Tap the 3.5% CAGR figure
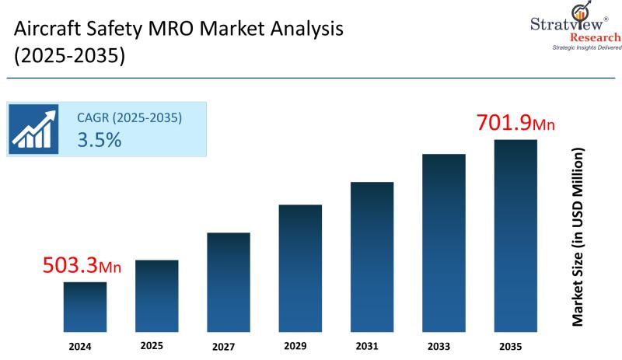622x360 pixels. (99, 140)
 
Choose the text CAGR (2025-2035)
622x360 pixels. (129, 118)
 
